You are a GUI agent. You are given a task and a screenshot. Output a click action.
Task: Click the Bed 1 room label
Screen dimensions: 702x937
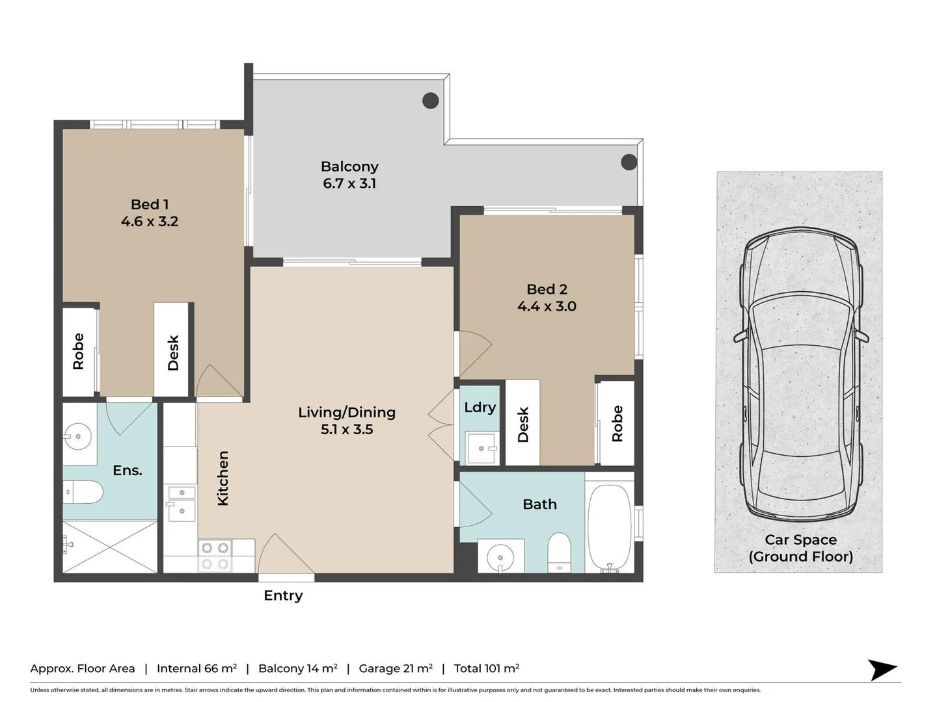point(149,205)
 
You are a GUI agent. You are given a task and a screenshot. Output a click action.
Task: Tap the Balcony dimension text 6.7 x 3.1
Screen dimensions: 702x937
point(349,184)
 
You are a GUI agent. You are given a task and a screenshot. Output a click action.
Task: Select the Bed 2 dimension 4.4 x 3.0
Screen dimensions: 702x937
point(547,306)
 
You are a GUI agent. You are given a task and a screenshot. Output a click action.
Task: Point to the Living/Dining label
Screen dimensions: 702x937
point(347,412)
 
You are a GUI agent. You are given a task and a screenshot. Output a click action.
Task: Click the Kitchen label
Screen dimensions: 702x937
point(223,478)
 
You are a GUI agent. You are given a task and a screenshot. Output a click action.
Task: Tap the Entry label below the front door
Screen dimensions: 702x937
point(283,595)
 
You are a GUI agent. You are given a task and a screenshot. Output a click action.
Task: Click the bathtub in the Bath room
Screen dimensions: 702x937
point(609,527)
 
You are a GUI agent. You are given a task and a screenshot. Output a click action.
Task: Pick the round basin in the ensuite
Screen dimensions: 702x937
point(78,436)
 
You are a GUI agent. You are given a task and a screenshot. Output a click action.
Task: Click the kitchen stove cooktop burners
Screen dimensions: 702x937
point(215,556)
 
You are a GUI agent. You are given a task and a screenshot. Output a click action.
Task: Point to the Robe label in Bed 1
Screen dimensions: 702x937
point(79,352)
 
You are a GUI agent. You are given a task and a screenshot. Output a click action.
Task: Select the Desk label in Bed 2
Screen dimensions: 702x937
point(523,425)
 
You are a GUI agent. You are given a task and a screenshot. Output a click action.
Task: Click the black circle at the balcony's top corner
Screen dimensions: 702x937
point(430,101)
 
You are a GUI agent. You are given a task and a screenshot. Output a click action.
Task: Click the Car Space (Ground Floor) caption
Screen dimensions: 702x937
point(800,548)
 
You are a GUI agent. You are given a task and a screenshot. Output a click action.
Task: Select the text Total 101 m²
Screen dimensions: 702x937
point(486,668)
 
